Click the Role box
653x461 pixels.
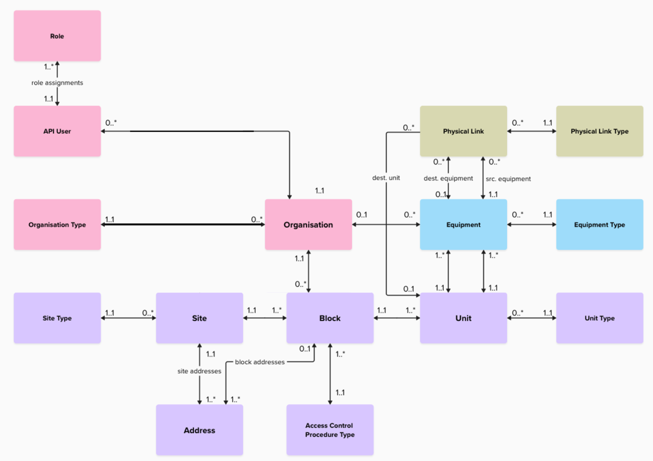(57, 36)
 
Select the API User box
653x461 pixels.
(57, 131)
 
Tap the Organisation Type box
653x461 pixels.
(57, 224)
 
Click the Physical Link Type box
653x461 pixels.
(599, 131)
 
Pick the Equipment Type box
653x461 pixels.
(599, 224)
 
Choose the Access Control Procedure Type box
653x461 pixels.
(330, 430)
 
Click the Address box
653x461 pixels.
(199, 430)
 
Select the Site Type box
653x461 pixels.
(57, 318)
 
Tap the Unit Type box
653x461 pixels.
(599, 318)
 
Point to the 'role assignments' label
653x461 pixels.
(57, 83)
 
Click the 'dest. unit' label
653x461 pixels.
(386, 178)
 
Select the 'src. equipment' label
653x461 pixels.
(508, 179)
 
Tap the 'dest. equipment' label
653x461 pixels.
(448, 178)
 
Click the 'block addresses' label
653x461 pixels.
(260, 362)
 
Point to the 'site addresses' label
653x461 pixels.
(199, 371)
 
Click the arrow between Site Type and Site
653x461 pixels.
(128, 318)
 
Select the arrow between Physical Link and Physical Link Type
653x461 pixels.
(531, 131)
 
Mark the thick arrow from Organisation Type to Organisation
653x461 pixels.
(183, 224)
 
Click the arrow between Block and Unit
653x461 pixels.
(396, 318)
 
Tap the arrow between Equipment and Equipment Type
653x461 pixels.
(531, 224)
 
